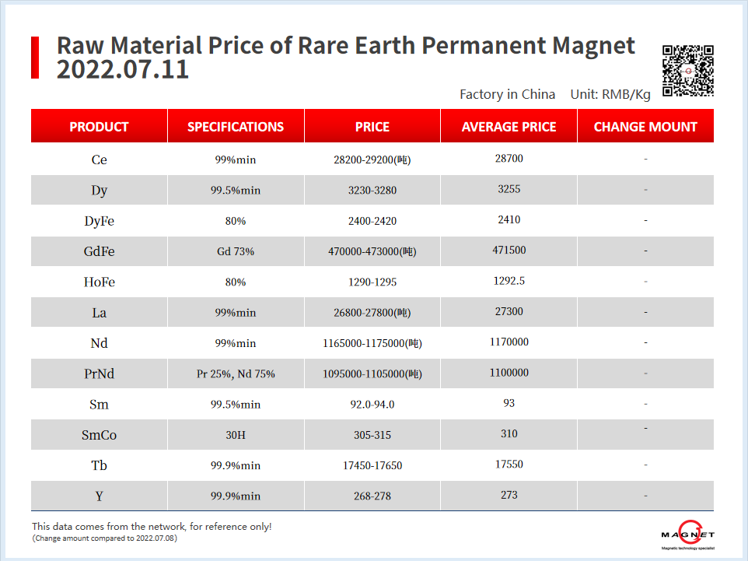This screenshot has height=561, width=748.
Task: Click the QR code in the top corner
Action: point(688,71)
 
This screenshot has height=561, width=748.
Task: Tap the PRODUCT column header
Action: point(99,127)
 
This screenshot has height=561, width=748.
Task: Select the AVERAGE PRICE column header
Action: point(509,127)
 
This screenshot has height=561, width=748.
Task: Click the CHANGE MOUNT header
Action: point(645,127)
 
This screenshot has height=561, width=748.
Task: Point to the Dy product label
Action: point(99,190)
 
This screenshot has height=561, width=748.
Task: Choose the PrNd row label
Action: point(99,374)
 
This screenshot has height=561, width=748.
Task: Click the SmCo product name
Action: point(99,435)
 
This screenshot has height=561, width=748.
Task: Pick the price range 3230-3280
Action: point(372,190)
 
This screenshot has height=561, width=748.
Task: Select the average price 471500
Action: point(509,250)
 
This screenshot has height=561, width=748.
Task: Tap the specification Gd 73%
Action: point(236,251)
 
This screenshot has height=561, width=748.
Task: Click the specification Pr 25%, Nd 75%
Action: point(236,374)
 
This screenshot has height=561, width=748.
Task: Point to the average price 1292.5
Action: point(509,280)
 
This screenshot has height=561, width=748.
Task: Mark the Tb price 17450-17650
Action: point(372,465)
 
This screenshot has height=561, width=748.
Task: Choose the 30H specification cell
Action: point(236,435)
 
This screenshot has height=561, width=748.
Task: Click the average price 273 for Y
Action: point(509,495)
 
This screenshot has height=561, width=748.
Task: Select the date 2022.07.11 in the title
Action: point(122,69)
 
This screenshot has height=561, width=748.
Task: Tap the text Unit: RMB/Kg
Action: point(610,94)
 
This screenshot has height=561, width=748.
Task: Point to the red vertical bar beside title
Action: point(35,57)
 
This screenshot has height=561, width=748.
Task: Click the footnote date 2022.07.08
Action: point(156,538)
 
